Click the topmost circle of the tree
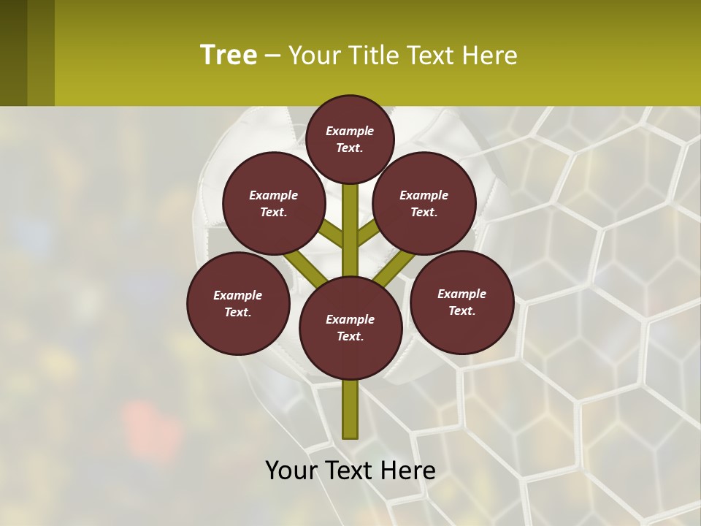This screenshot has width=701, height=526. click(x=350, y=139)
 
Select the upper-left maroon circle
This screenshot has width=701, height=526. click(x=274, y=203)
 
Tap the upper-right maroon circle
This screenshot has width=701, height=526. click(x=424, y=203)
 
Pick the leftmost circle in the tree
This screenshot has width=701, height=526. click(x=238, y=303)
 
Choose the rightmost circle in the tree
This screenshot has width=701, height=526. click(x=462, y=302)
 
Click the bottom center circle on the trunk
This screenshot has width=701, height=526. click(x=350, y=328)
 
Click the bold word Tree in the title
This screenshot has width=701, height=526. click(x=229, y=55)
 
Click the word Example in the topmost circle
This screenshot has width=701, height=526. click(x=350, y=131)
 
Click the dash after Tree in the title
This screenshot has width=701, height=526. click(x=272, y=56)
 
